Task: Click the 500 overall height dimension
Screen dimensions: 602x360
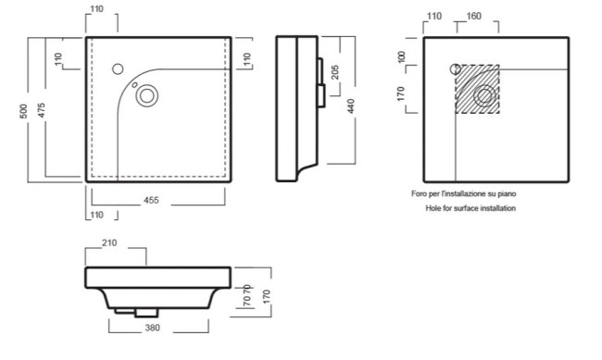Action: coord(24,111)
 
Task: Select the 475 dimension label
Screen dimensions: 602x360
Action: coord(41,110)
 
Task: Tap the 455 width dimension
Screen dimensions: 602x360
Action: coord(151,200)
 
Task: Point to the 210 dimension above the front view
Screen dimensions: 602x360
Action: coord(109,243)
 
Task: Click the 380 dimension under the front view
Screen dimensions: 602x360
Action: coord(153,328)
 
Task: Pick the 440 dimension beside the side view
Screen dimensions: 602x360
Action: coord(350,106)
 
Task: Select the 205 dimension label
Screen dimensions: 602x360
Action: coord(335,72)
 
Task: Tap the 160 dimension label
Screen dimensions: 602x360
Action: coord(473,16)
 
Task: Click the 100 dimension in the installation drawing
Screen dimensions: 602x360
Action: coord(402,56)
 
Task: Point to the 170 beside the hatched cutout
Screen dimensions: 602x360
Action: coord(401,93)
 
